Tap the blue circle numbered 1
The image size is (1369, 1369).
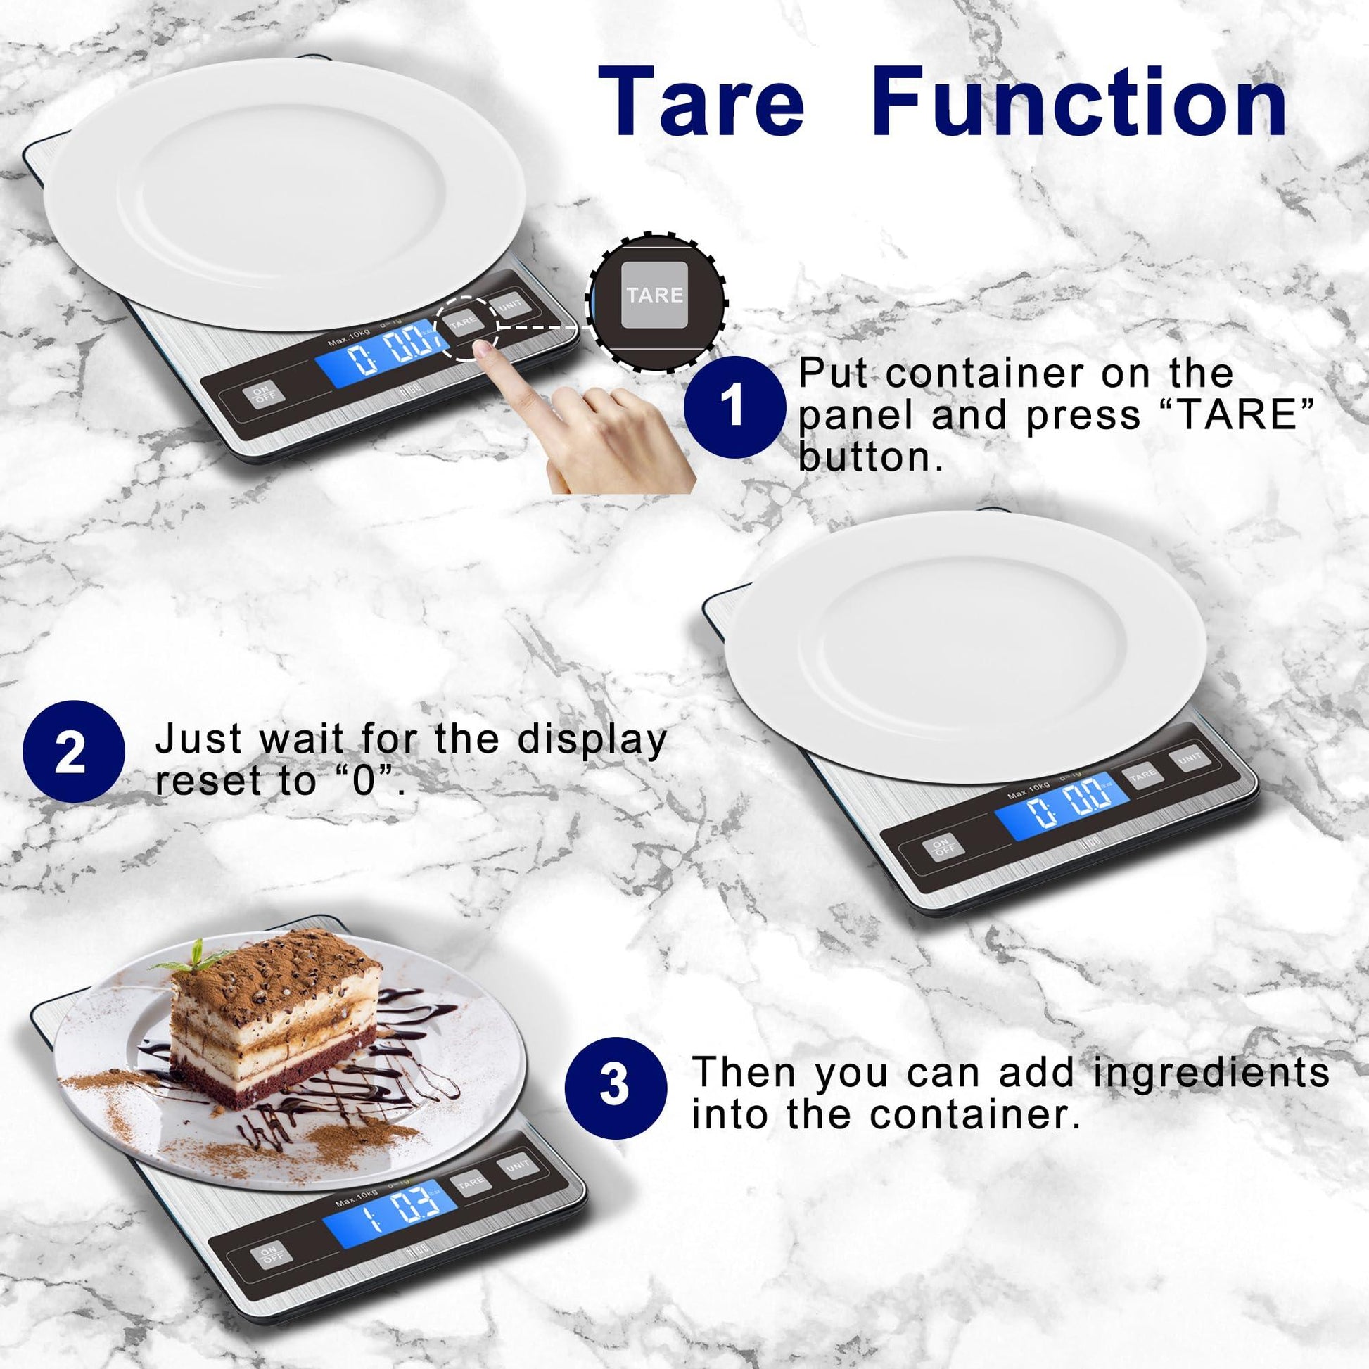click(735, 407)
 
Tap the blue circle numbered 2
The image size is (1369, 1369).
click(74, 752)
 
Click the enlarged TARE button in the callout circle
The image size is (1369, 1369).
click(654, 295)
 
